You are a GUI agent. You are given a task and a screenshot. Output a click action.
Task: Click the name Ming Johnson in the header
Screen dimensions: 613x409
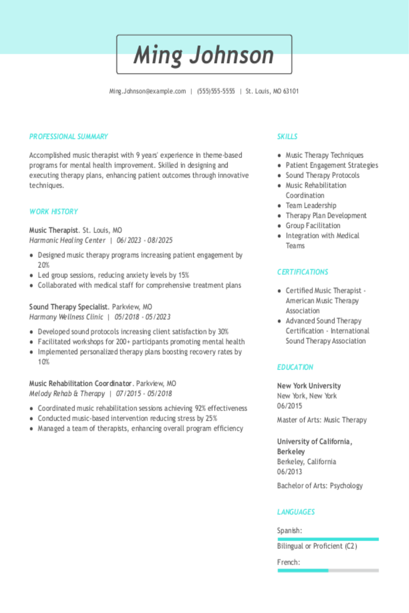(x=204, y=55)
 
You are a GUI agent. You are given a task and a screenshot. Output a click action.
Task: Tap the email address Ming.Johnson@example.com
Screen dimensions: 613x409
(x=148, y=92)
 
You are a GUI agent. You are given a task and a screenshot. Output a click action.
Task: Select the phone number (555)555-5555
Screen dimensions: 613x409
(x=216, y=92)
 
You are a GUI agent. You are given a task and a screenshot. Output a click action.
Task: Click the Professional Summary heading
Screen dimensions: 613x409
(x=69, y=137)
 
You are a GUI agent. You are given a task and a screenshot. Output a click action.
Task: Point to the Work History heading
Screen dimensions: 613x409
(x=54, y=212)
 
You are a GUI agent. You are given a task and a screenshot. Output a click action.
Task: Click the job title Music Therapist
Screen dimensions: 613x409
(x=54, y=230)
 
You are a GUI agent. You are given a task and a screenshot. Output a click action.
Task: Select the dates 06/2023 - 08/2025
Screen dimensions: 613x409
(x=144, y=241)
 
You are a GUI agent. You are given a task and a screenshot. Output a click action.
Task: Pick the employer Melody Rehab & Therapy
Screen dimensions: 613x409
(x=67, y=394)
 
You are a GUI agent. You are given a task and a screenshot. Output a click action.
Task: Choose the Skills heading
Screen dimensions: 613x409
(x=287, y=137)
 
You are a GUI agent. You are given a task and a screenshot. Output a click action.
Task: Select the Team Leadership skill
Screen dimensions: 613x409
(x=311, y=205)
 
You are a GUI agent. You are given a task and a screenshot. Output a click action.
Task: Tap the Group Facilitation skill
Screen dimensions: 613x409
(x=313, y=226)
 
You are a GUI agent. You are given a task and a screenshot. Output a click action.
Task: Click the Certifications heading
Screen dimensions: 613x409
(x=302, y=272)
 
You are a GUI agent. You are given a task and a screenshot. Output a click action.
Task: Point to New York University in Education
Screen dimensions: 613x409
(x=309, y=386)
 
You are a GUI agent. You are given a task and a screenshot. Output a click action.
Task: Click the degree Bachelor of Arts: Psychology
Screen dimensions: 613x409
(x=320, y=486)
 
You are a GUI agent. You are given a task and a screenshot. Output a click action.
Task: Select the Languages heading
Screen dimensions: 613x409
(x=296, y=512)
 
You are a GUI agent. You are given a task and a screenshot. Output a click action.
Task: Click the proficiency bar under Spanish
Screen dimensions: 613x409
(x=328, y=539)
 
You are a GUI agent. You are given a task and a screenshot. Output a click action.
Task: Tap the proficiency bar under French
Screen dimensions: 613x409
(x=328, y=570)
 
